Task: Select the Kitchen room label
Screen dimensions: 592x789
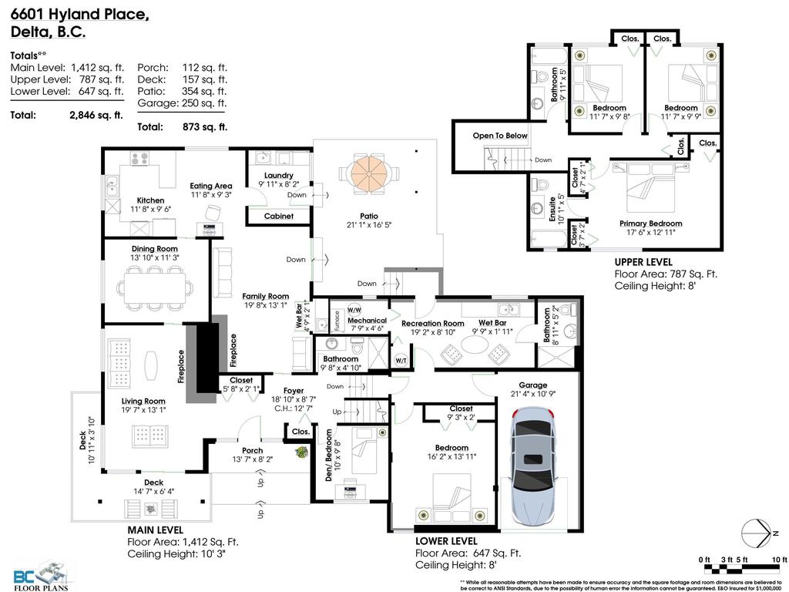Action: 146,200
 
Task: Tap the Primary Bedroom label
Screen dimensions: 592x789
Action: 651,224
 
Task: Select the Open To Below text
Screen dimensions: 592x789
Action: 500,136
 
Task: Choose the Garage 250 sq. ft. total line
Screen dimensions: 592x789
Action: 182,103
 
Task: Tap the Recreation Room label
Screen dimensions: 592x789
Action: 432,324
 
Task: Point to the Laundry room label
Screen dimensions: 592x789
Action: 277,176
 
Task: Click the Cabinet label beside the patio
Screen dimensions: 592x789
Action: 278,217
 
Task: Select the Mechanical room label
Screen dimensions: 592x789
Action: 367,321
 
